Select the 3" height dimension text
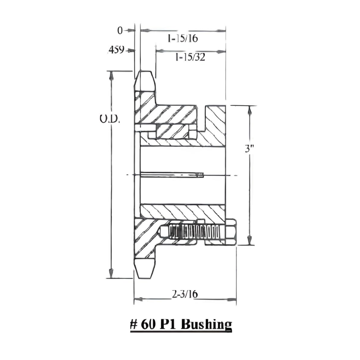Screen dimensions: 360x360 point(250,149)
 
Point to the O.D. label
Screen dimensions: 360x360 point(110,119)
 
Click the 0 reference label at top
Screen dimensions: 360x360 point(120,31)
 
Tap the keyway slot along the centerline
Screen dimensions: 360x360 point(171,175)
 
